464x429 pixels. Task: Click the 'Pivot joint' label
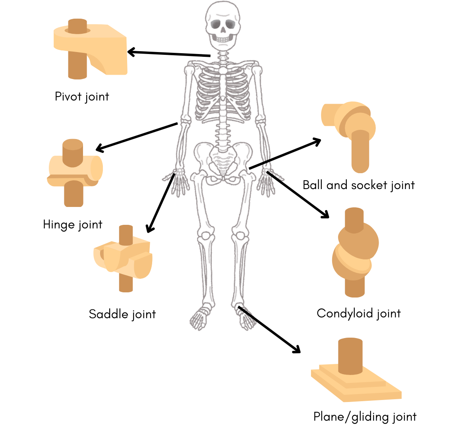(82, 97)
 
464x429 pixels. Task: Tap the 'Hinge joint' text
(73, 224)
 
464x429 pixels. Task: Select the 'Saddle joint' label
(122, 314)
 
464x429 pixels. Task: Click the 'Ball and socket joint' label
(358, 185)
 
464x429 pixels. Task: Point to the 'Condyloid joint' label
(358, 313)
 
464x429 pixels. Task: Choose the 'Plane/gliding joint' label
(365, 417)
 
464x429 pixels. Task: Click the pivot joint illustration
(91, 48)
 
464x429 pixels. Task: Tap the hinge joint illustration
(74, 172)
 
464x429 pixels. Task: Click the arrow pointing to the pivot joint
(169, 54)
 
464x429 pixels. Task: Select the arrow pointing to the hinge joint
(137, 137)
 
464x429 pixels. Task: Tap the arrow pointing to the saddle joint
(160, 203)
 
